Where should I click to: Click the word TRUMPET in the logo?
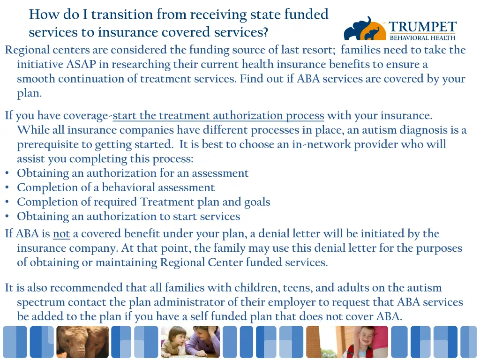pyautogui.click(x=422, y=27)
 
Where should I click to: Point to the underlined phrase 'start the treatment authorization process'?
pyautogui.click(x=218, y=115)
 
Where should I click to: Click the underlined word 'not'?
pyautogui.click(x=61, y=233)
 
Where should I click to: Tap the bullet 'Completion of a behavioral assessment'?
pyautogui.click(x=116, y=187)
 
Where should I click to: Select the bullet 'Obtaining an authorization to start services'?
pyautogui.click(x=128, y=216)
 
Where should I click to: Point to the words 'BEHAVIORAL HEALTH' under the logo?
pyautogui.click(x=422, y=38)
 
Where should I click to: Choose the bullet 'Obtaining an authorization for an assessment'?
pyautogui.click(x=133, y=173)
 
